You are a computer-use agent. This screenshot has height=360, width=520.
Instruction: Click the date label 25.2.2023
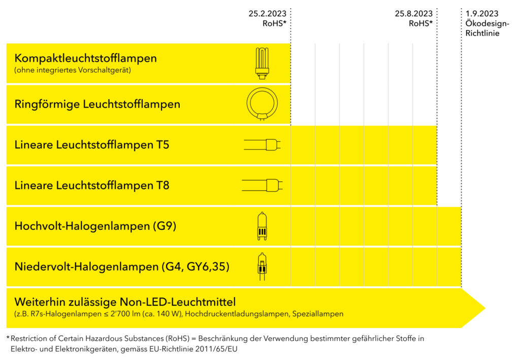pos(267,14)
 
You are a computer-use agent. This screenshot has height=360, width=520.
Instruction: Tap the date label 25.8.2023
pos(413,14)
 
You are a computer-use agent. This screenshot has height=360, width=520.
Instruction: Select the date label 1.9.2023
pos(482,14)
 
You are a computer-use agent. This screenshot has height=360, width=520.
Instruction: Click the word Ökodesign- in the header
pos(487,23)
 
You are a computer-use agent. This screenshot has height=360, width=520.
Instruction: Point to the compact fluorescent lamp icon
pos(262,63)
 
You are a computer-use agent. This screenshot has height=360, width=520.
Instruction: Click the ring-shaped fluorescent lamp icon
pos(262,104)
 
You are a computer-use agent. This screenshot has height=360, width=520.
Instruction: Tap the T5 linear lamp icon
pos(262,145)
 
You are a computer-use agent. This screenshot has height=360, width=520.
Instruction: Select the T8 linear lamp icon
pos(262,185)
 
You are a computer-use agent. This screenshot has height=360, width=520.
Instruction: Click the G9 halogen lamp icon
pos(262,226)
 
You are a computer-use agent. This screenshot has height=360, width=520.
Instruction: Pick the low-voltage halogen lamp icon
pos(262,267)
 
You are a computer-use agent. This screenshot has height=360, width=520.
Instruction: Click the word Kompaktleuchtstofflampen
pos(85,58)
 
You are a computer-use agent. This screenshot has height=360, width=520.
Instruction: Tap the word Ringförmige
pos(47,105)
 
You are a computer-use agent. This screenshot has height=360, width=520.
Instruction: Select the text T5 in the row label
pos(162,145)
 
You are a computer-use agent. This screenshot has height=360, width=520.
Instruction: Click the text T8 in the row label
pos(162,185)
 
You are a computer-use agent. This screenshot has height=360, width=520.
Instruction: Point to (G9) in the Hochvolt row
pos(165,226)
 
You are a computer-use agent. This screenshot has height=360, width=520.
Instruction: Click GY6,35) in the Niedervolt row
pos(208,267)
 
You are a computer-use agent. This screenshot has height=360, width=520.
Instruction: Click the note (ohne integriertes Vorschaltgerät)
pos(73,70)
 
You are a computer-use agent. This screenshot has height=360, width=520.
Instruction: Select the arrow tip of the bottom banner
pos(485,308)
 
